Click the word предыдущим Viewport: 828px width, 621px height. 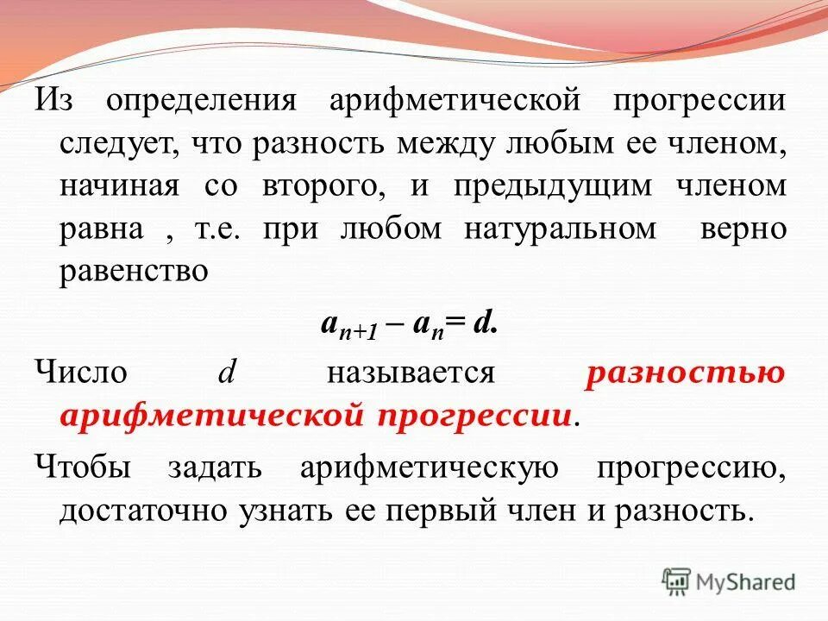(x=552, y=188)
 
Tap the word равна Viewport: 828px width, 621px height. (x=101, y=229)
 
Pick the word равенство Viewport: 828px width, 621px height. (x=135, y=271)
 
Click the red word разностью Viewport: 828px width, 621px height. (x=685, y=373)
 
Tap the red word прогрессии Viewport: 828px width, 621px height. (x=474, y=416)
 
